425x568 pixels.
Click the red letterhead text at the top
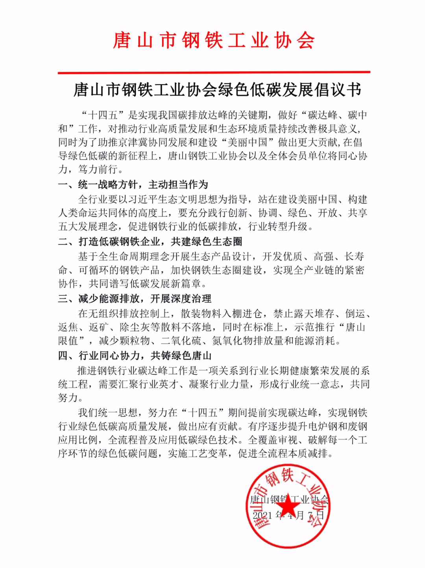click(x=213, y=41)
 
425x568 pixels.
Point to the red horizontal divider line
click(x=213, y=72)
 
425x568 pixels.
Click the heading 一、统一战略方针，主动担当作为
click(x=133, y=184)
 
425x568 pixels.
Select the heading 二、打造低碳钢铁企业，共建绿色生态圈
click(x=150, y=241)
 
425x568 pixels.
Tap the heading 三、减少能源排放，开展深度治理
click(x=135, y=298)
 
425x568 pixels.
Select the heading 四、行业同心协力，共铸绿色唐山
click(x=135, y=355)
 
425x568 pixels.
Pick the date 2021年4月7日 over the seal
click(x=288, y=515)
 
